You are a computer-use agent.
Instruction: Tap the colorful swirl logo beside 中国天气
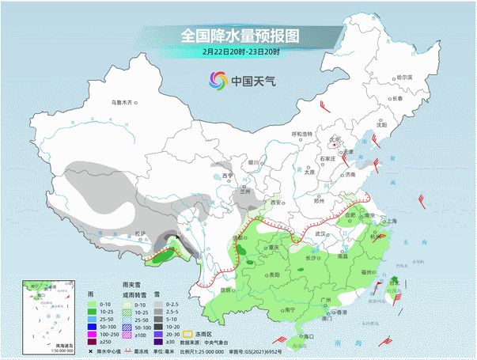point(218,81)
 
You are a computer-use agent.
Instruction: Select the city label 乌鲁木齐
point(124,103)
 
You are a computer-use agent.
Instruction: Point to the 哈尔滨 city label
point(404,78)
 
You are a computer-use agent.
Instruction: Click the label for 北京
point(335,139)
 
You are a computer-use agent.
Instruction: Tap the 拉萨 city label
point(140,233)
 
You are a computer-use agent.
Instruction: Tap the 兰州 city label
point(244,191)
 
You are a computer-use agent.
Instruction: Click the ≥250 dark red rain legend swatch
point(93,341)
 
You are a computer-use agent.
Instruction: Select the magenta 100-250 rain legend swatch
point(93,333)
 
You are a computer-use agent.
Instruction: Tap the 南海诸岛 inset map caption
point(43,346)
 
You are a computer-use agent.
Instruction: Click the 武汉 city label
point(320,234)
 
